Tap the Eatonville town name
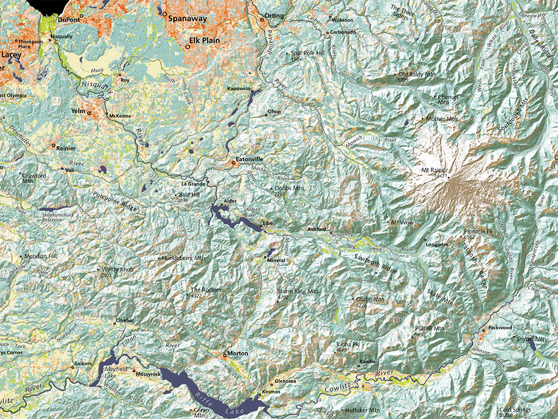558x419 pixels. point(249,159)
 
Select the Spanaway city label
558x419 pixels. point(187,18)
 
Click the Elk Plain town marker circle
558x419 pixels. point(187,47)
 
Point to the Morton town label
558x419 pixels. point(238,354)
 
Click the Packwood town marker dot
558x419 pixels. point(483,331)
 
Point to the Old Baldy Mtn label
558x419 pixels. point(418,74)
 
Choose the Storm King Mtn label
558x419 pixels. point(298,291)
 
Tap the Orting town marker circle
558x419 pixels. point(262,20)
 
